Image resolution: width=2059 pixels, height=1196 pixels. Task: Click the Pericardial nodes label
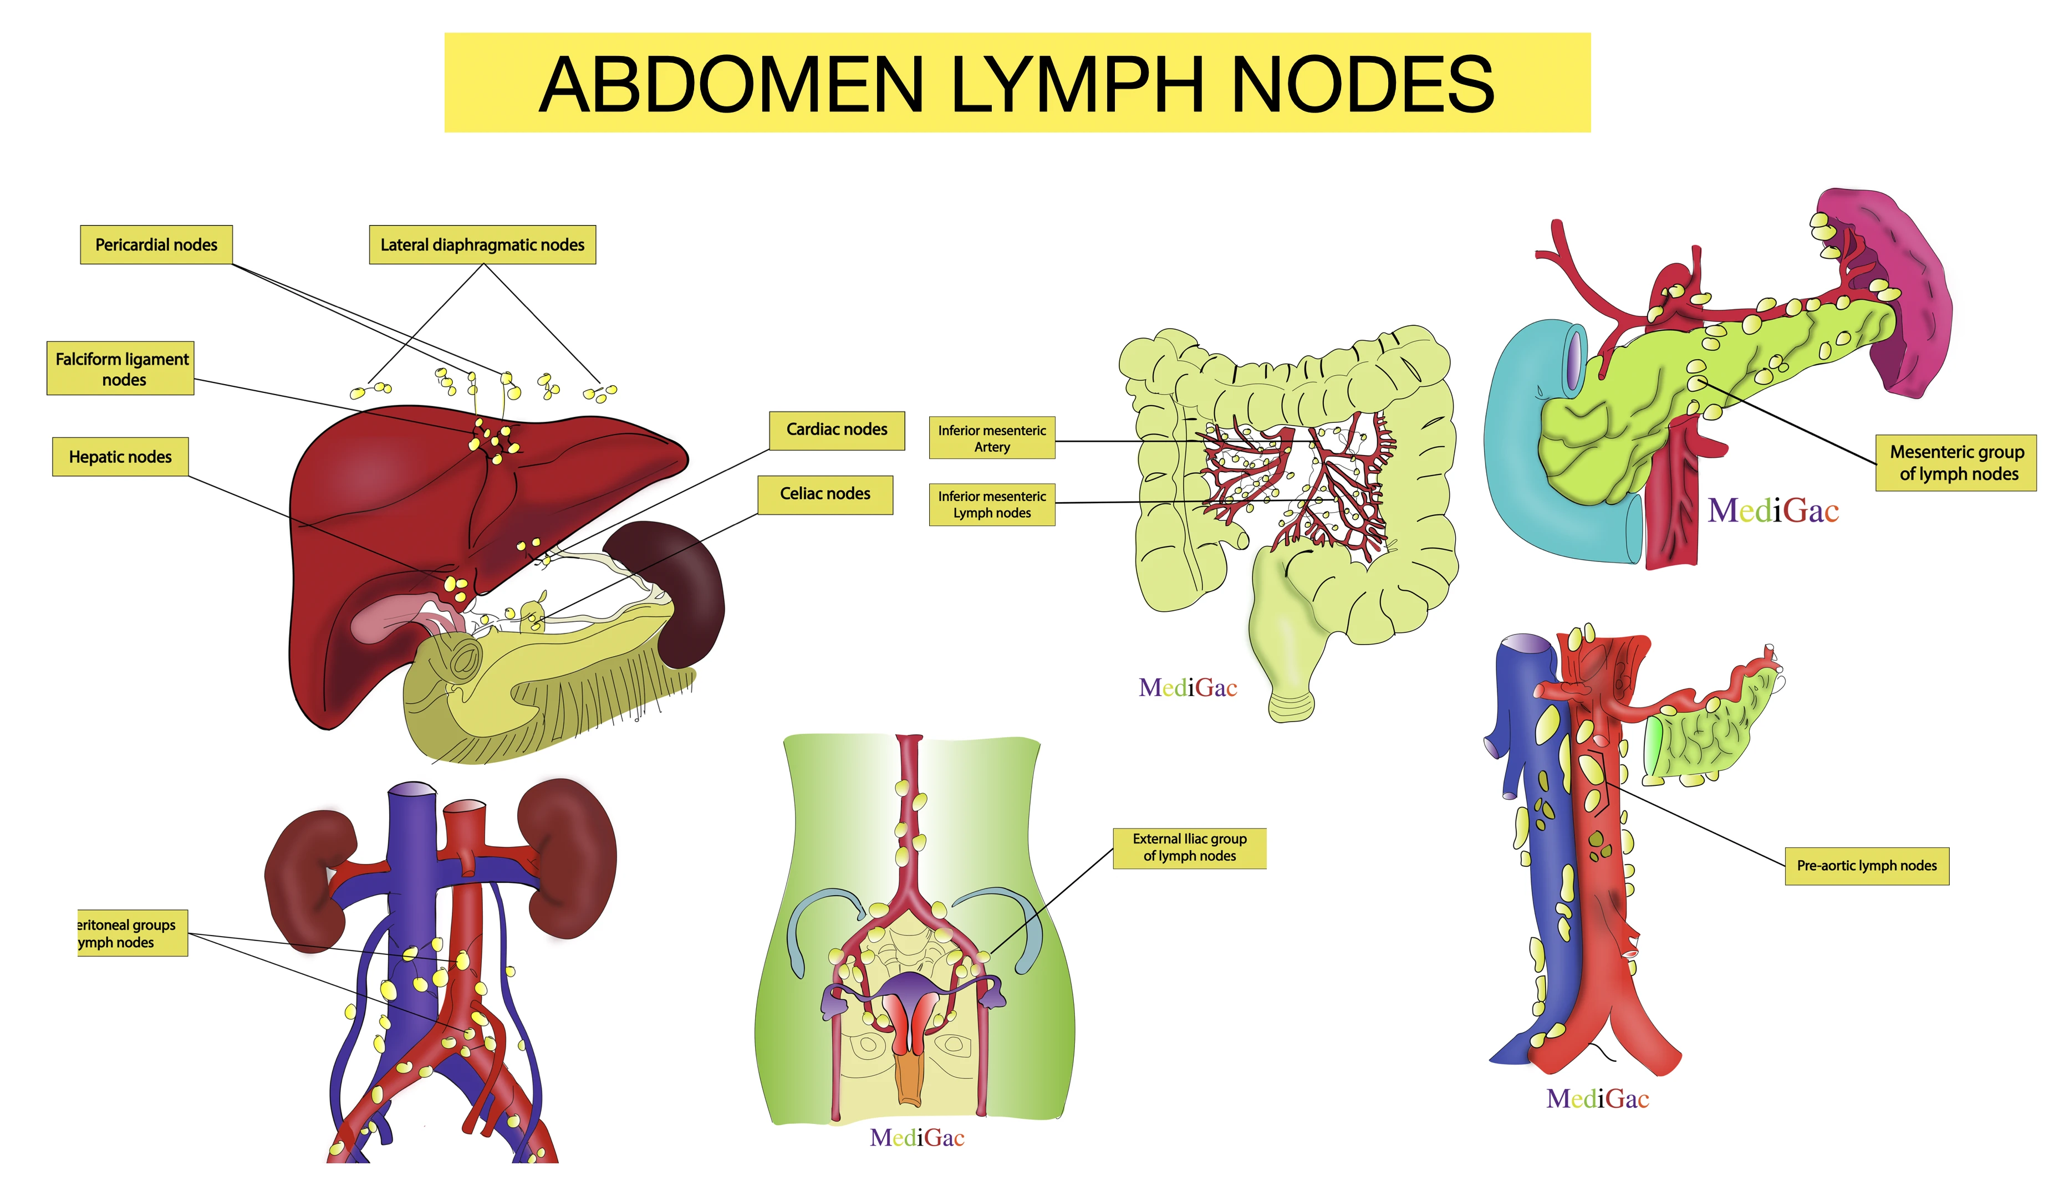click(x=156, y=245)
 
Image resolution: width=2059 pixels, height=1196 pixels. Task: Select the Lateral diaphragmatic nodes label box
click(x=482, y=245)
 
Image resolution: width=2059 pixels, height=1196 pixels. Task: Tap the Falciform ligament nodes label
click(x=121, y=369)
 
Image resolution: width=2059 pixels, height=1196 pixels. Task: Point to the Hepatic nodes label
click(x=120, y=457)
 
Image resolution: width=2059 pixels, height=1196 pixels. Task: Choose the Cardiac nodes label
click(x=836, y=430)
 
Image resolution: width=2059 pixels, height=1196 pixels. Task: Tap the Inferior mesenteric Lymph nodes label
click(x=991, y=504)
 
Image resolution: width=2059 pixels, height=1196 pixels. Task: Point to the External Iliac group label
click(x=1189, y=847)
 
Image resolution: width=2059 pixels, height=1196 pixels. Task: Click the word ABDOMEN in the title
click(x=731, y=84)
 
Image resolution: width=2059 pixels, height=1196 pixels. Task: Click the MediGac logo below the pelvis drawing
click(x=917, y=1138)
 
